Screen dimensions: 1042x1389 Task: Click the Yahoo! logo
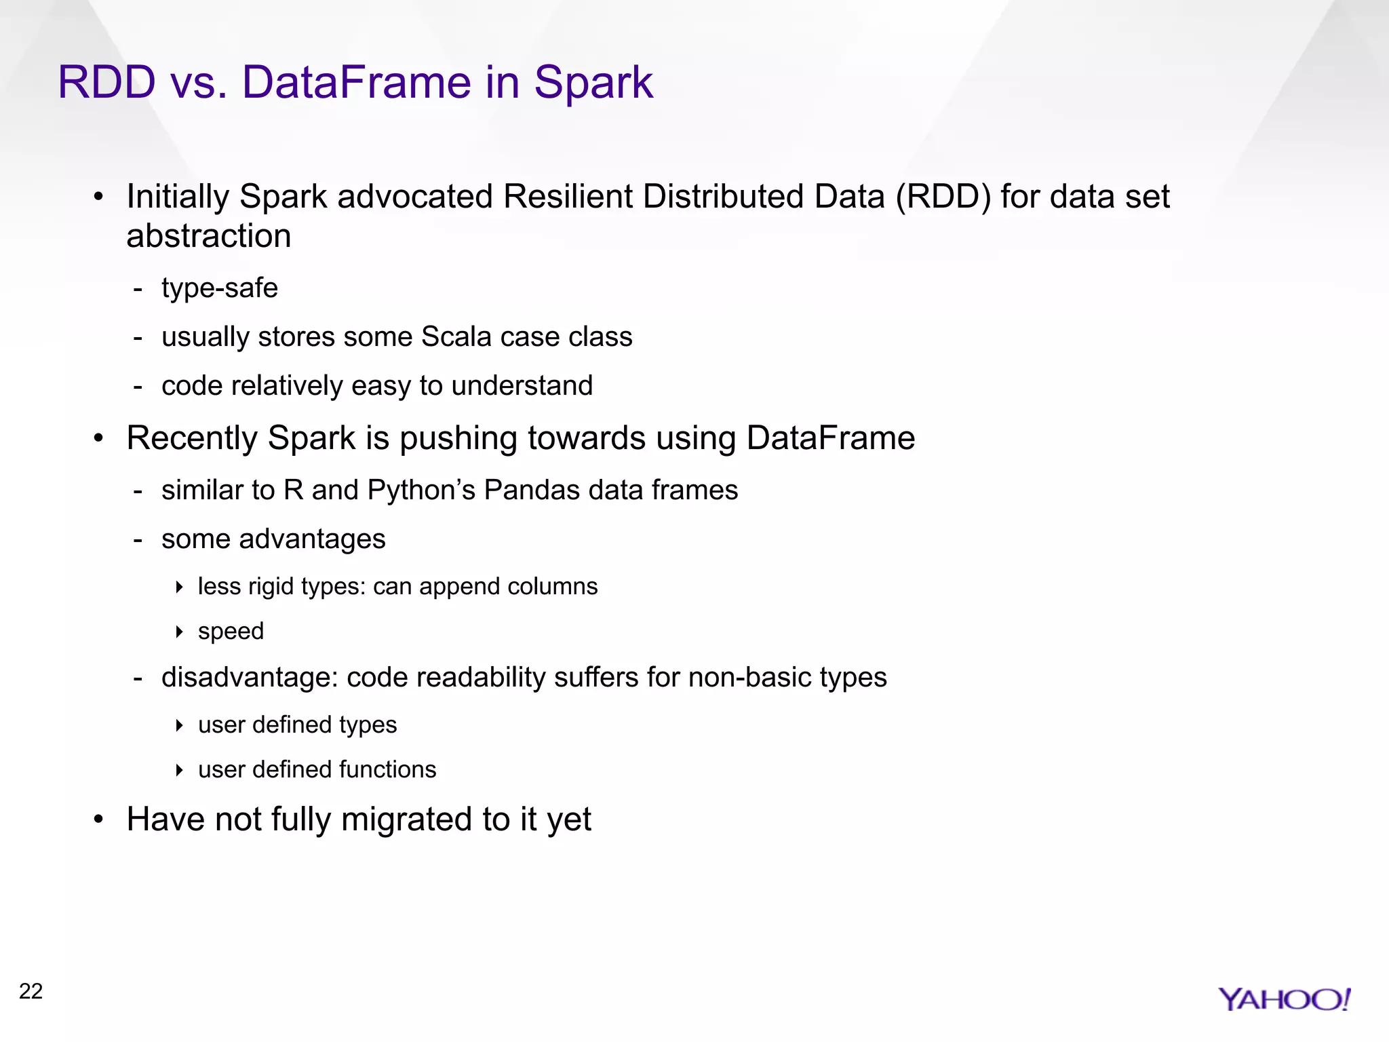click(x=1284, y=999)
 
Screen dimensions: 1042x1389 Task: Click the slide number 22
click(x=31, y=991)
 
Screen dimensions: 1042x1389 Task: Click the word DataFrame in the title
click(x=356, y=83)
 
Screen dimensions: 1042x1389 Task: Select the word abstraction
click(x=209, y=236)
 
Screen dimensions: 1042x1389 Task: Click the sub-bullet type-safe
click(x=220, y=288)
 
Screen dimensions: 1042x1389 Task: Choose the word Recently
click(x=192, y=438)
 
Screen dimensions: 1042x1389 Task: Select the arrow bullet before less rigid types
click(x=179, y=587)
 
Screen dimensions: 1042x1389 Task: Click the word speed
click(x=231, y=632)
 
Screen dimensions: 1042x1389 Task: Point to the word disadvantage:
click(x=250, y=678)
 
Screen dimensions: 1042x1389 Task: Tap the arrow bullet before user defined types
click(x=179, y=725)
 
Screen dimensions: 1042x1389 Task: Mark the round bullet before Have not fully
click(x=99, y=819)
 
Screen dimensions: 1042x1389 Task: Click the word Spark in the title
click(x=593, y=83)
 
